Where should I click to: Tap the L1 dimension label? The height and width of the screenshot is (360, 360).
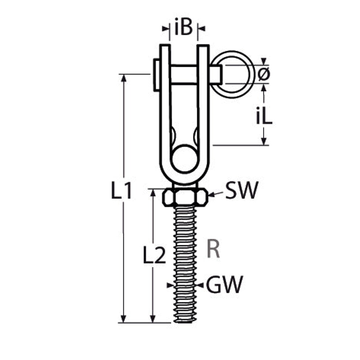[121, 190]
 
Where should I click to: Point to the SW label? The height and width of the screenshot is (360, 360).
[242, 190]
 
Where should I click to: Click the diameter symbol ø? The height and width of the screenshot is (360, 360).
[264, 74]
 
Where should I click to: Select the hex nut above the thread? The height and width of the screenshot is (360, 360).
[185, 197]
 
